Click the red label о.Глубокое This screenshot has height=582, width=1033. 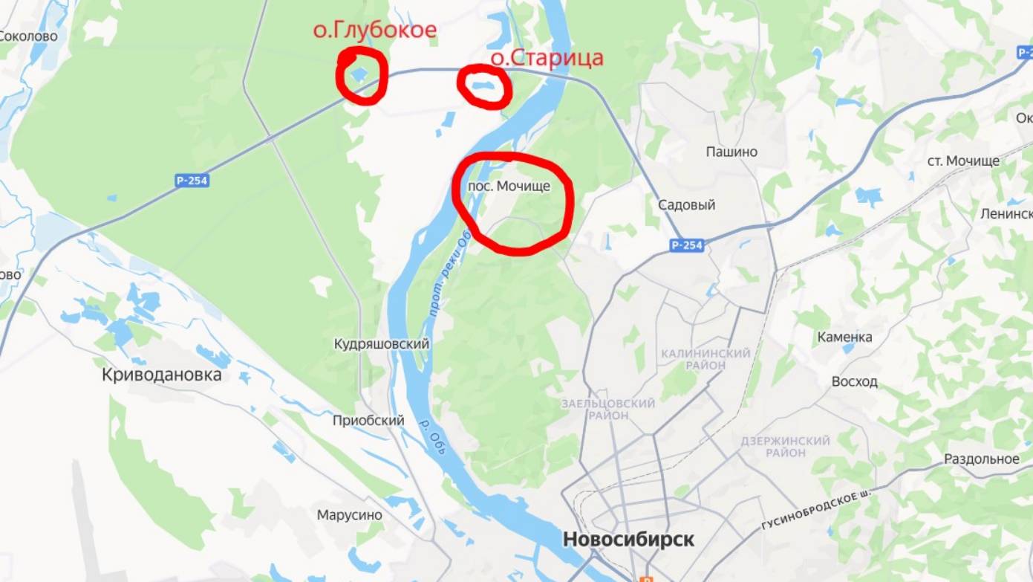(x=374, y=30)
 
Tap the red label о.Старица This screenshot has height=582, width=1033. (x=547, y=58)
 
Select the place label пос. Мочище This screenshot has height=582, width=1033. (x=509, y=186)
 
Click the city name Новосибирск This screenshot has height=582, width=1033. (x=628, y=539)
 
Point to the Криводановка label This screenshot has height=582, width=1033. (x=161, y=375)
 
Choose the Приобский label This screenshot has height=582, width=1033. (x=368, y=421)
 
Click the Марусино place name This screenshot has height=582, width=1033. (x=349, y=515)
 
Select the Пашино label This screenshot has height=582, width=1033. (x=731, y=152)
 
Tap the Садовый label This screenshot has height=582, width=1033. (x=687, y=205)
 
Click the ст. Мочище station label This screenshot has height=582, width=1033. (x=963, y=161)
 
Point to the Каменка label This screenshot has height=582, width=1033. (x=844, y=337)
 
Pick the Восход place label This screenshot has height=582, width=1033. (x=854, y=381)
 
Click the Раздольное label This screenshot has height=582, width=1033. (x=981, y=459)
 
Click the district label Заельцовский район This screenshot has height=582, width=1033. (x=608, y=409)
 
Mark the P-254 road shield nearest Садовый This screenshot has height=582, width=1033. (x=686, y=245)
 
